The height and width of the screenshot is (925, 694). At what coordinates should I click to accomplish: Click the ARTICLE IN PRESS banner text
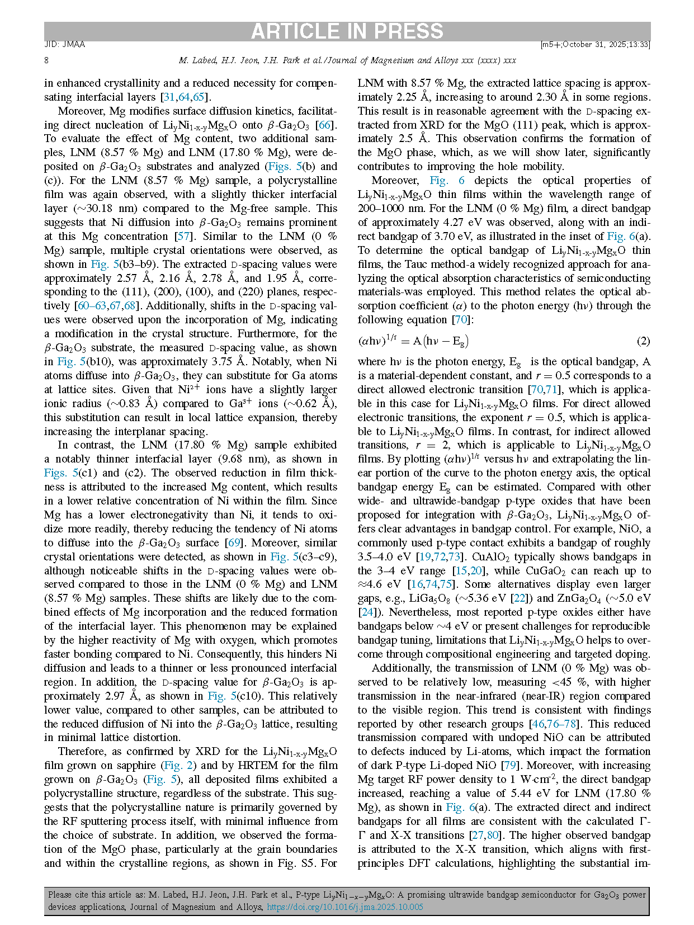pos(347,31)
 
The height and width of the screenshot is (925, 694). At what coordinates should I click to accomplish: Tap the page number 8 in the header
pos(46,60)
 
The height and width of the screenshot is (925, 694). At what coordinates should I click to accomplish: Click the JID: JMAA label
pos(65,44)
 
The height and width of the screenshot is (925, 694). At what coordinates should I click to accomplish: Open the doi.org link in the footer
pos(344,907)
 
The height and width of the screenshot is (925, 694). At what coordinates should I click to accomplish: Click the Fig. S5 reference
pos(301,863)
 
